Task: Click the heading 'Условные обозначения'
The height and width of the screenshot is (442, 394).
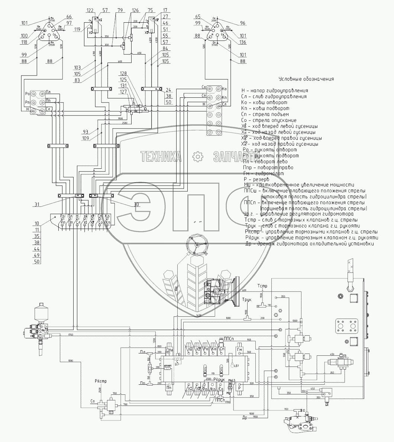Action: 306,79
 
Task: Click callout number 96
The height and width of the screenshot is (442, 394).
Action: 243,23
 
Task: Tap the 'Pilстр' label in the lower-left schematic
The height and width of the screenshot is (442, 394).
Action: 100,381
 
